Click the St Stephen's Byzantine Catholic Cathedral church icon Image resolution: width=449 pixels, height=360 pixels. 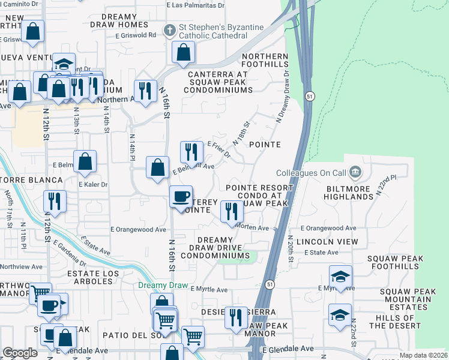(x=170, y=30)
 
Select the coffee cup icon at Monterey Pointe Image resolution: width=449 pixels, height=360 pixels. (x=181, y=197)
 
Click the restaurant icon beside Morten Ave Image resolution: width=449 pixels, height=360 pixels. (x=231, y=211)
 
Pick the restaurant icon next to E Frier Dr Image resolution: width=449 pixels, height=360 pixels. (x=190, y=152)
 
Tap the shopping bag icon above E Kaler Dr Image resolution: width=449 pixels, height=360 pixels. (x=85, y=161)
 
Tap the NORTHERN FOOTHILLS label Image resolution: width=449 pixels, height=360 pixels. (x=265, y=60)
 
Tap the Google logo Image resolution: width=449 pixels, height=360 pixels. (x=20, y=353)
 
